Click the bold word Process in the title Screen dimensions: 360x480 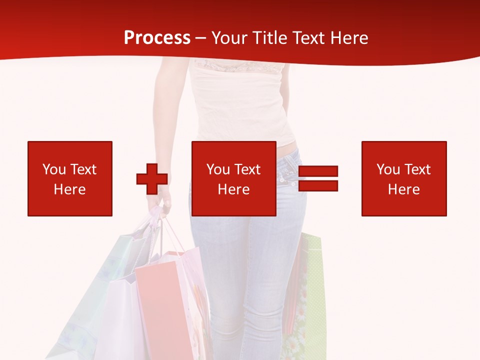point(157,38)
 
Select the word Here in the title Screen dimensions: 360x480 point(348,38)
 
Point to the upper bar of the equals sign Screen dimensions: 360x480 point(318,171)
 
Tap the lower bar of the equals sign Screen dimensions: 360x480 point(318,186)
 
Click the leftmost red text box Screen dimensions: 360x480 point(69,178)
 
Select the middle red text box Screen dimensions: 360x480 point(233,178)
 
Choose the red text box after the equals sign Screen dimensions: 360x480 point(403,178)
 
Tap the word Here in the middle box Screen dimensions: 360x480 point(233,189)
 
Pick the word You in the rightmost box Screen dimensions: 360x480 point(388,169)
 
